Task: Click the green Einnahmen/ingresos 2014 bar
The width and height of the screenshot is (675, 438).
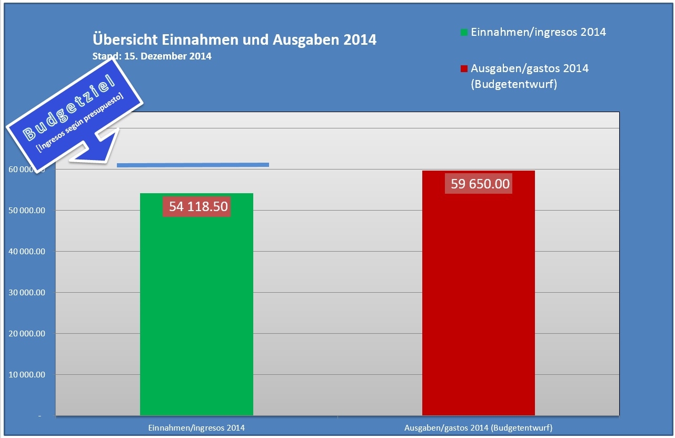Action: pyautogui.click(x=196, y=316)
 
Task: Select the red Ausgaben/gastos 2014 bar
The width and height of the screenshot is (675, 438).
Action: pyautogui.click(x=478, y=316)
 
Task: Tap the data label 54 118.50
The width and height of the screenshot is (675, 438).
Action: pyautogui.click(x=198, y=206)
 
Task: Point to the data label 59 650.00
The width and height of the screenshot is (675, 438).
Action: pyautogui.click(x=480, y=184)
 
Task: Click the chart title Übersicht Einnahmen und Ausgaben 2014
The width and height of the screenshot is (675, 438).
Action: pyautogui.click(x=234, y=40)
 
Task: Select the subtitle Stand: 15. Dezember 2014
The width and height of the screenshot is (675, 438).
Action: pyautogui.click(x=152, y=56)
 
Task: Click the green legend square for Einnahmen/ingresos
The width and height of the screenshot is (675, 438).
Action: pyautogui.click(x=464, y=33)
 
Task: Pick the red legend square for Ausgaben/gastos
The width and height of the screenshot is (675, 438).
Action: pyautogui.click(x=464, y=69)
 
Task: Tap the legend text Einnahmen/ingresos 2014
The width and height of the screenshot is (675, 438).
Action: pyautogui.click(x=538, y=32)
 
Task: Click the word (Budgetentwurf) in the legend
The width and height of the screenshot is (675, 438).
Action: pyautogui.click(x=514, y=84)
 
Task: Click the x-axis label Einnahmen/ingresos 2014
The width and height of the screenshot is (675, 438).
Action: pyautogui.click(x=196, y=427)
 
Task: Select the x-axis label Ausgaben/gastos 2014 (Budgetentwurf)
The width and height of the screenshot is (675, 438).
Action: pyautogui.click(x=478, y=427)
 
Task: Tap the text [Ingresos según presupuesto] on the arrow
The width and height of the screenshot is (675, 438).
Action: pyautogui.click(x=80, y=124)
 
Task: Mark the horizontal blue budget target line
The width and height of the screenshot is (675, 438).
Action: pyautogui.click(x=193, y=165)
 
